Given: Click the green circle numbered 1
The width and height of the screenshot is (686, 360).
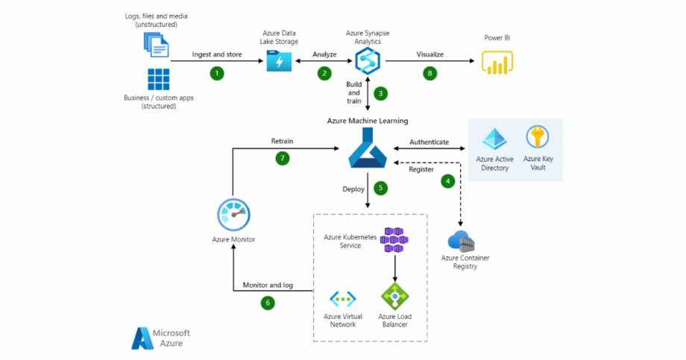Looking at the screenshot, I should click(217, 73).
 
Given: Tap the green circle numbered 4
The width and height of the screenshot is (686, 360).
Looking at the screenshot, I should click(447, 181).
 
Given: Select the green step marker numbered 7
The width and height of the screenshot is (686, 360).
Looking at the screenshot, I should click(282, 158).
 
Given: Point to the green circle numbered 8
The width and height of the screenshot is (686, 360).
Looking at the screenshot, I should click(429, 73).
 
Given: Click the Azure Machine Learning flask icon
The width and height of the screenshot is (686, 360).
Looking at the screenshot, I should click(368, 148).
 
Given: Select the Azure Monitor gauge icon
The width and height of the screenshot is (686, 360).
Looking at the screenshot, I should click(233, 215).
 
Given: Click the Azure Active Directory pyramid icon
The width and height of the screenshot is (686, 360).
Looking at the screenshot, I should click(494, 139).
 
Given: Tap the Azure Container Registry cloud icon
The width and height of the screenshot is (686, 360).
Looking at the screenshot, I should click(462, 241).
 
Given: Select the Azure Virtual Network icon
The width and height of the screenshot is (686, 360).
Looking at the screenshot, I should click(343, 299).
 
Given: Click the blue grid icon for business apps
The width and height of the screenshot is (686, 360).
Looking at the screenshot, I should click(158, 80).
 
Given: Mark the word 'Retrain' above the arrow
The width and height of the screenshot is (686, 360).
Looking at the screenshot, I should click(282, 141).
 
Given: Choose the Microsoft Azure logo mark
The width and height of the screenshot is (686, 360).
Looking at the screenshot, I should click(142, 338).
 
